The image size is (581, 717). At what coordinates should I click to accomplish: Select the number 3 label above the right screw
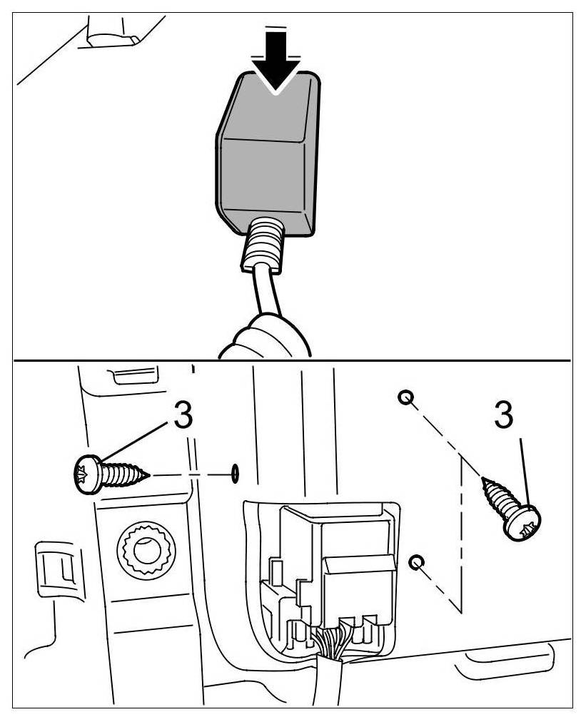[503, 416]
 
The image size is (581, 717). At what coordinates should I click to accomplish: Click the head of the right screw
[523, 526]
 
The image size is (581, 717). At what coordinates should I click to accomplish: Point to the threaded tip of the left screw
[141, 474]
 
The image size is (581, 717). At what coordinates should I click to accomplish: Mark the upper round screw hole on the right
[406, 397]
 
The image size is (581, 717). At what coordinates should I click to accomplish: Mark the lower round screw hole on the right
[416, 563]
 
